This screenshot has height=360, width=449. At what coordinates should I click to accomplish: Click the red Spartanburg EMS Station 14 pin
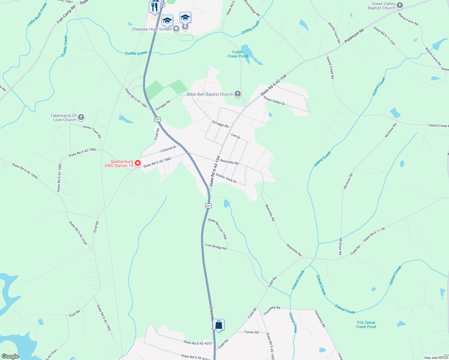tap(138, 163)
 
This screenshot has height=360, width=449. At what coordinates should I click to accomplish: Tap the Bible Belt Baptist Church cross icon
tap(238, 94)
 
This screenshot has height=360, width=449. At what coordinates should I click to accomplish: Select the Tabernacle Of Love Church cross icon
tap(81, 118)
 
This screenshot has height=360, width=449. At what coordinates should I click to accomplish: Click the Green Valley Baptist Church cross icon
tap(400, 5)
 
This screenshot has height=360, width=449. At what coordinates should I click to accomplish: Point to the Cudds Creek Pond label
tap(237, 54)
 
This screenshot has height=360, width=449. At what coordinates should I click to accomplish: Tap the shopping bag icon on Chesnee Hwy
tap(219, 325)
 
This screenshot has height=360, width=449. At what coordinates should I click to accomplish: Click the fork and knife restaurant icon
tap(154, 7)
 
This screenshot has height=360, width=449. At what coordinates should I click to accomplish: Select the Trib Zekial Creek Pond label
tap(366, 325)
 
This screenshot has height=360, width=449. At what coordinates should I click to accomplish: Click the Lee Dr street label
tap(236, 136)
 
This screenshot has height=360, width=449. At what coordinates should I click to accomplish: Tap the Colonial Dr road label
tap(168, 149)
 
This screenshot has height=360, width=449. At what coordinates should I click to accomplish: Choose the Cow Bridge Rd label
tap(215, 247)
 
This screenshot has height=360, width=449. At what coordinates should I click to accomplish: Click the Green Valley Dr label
tap(274, 101)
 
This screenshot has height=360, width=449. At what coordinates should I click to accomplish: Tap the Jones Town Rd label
tap(92, 131)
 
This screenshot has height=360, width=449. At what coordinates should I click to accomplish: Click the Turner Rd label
tap(251, 332)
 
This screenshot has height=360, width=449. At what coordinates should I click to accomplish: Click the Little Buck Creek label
tap(38, 14)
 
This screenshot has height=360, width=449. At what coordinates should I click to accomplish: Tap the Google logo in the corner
tap(10, 356)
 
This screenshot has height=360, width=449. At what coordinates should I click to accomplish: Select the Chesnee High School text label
tap(152, 29)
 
